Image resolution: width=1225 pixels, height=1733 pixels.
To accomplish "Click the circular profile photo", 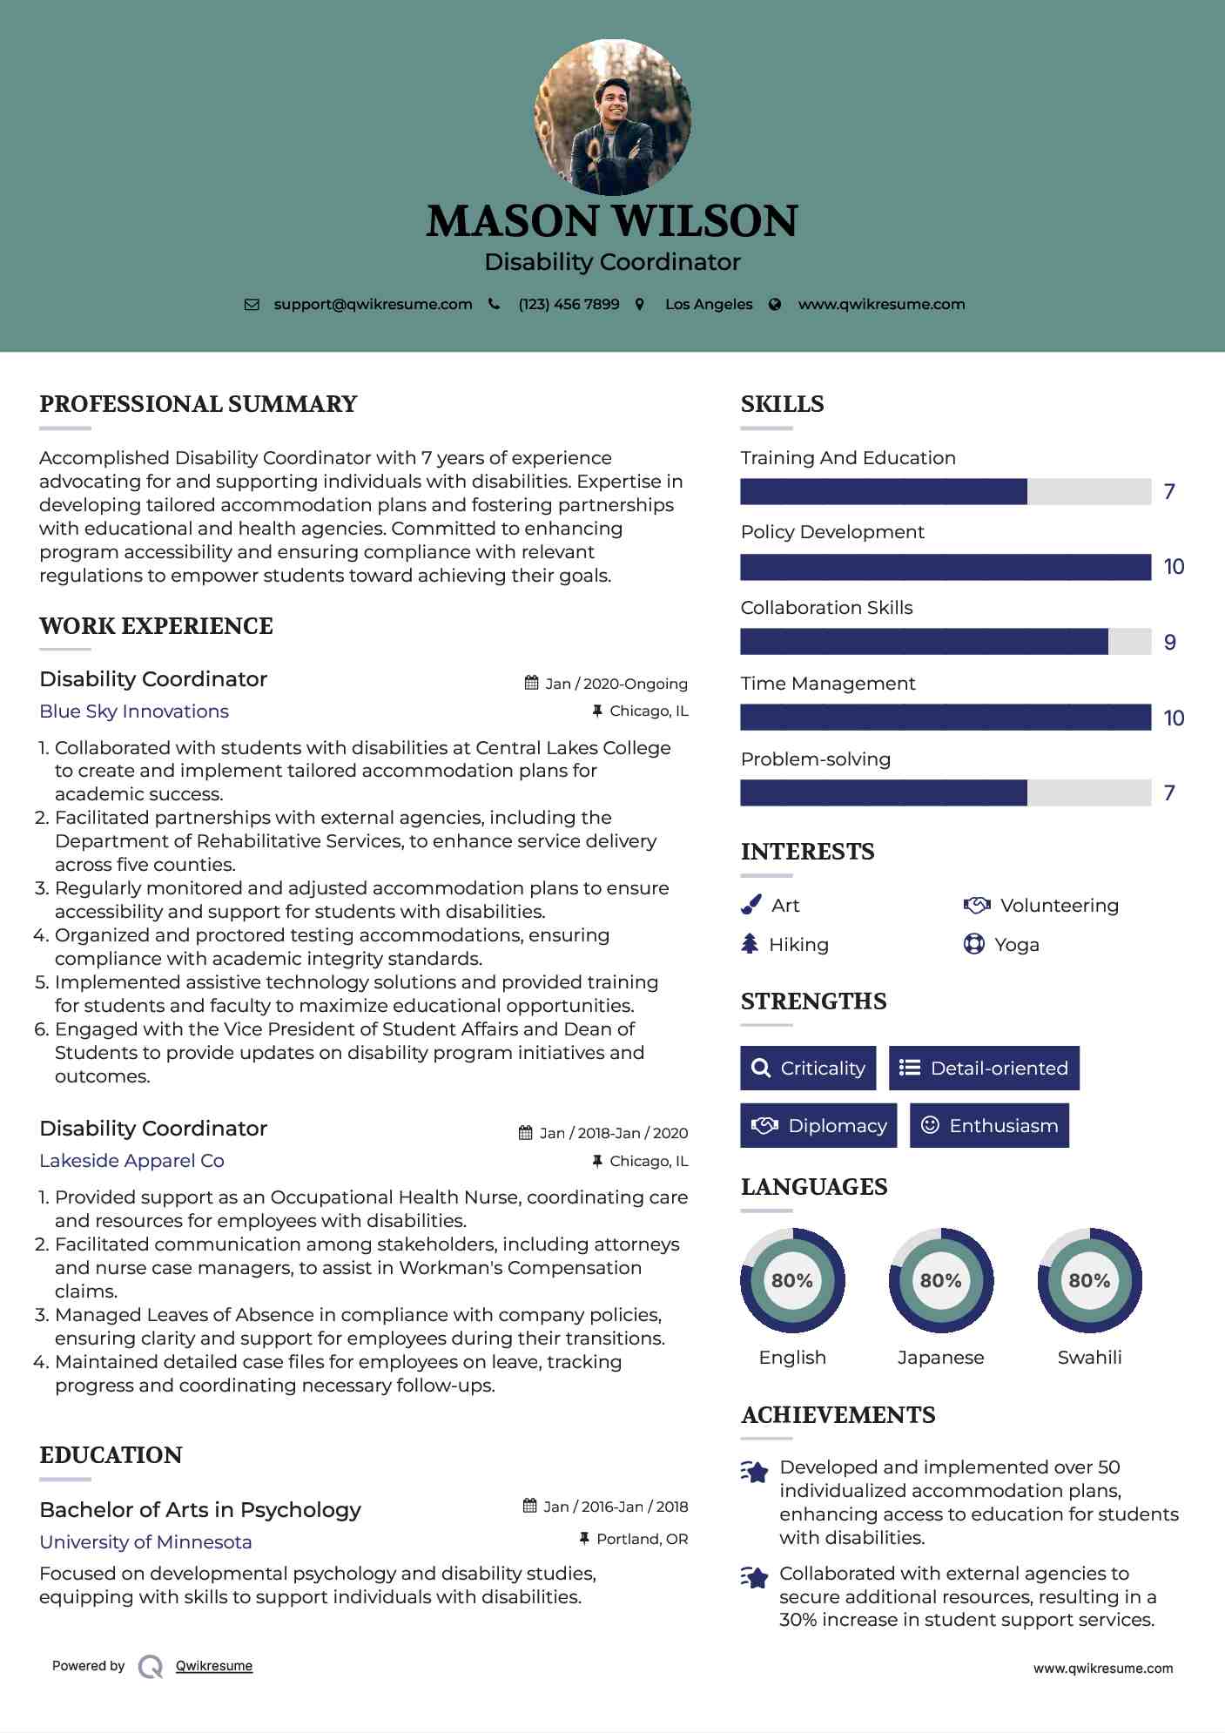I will (x=612, y=117).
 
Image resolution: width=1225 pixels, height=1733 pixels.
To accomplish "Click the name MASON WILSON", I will (x=612, y=221).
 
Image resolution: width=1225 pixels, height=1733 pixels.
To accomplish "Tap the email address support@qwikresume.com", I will (x=373, y=304).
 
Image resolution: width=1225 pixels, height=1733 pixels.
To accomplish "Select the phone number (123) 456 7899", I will (x=569, y=304).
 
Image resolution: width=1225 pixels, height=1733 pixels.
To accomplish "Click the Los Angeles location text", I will (x=709, y=304).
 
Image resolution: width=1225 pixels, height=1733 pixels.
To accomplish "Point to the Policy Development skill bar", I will (x=946, y=567).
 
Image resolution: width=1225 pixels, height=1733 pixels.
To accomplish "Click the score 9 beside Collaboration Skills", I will (x=1170, y=643).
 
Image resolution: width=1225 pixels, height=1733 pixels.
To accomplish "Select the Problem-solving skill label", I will (x=816, y=759).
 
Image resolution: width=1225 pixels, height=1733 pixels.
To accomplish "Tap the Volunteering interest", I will (x=1059, y=906).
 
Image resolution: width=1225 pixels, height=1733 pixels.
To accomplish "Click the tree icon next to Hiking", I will (x=750, y=944).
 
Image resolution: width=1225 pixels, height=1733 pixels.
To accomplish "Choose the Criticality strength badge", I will (x=808, y=1068).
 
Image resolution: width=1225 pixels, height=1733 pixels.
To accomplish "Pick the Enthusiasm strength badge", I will (x=989, y=1125).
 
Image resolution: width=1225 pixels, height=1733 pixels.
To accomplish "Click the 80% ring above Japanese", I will (x=940, y=1280).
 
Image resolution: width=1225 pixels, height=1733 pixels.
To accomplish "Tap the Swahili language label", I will (x=1089, y=1357).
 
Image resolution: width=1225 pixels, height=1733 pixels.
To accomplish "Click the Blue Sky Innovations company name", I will (x=134, y=711).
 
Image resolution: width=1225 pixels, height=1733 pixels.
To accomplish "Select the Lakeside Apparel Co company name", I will (x=131, y=1161).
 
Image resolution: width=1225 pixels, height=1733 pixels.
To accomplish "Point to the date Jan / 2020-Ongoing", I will (x=616, y=684).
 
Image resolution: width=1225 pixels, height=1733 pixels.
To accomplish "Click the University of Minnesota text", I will (x=145, y=1542).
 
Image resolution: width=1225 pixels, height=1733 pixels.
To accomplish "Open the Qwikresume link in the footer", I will (x=214, y=1666).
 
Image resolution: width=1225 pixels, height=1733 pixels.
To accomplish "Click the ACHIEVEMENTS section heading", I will (x=838, y=1415).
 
